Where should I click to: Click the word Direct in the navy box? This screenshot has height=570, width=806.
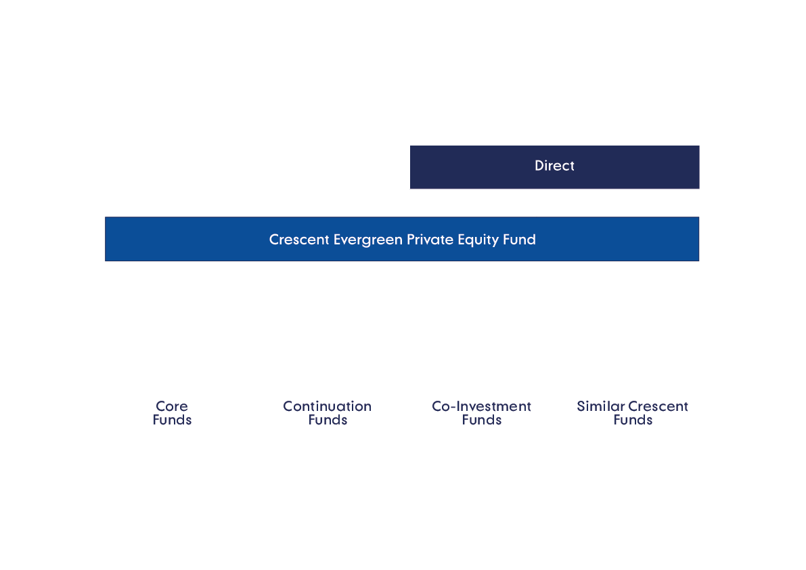pos(554,166)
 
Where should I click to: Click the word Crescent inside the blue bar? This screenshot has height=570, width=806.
pos(299,240)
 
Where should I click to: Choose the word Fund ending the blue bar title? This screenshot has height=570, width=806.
pos(519,240)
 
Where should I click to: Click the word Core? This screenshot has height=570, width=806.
pos(172,406)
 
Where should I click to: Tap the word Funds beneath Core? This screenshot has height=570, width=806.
pos(172,420)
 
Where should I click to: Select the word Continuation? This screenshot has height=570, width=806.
pos(327,406)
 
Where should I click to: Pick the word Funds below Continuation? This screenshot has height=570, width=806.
pos(328,420)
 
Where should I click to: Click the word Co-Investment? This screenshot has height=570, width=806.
pos(481,406)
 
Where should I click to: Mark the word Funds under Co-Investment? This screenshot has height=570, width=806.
pos(481,420)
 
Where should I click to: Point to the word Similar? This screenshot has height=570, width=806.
pos(600,406)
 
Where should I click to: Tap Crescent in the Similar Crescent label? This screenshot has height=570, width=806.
pos(658,406)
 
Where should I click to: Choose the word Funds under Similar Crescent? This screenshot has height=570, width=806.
pos(633,420)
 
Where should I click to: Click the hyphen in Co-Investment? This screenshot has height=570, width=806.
pos(455,407)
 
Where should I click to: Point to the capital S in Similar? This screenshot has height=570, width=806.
pos(581,406)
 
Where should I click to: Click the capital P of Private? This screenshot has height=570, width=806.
pos(411,240)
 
